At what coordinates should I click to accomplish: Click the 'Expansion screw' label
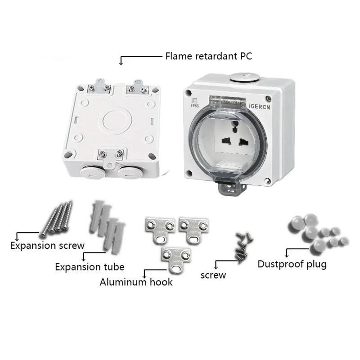pos(47,246)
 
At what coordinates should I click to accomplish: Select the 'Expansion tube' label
pos(90,267)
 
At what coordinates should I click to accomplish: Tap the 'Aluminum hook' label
pos(136,283)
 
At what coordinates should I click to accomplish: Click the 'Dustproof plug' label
pos(292,264)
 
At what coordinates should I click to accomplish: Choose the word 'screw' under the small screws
pos(213,274)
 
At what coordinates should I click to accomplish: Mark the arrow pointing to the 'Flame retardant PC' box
pos(121,60)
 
